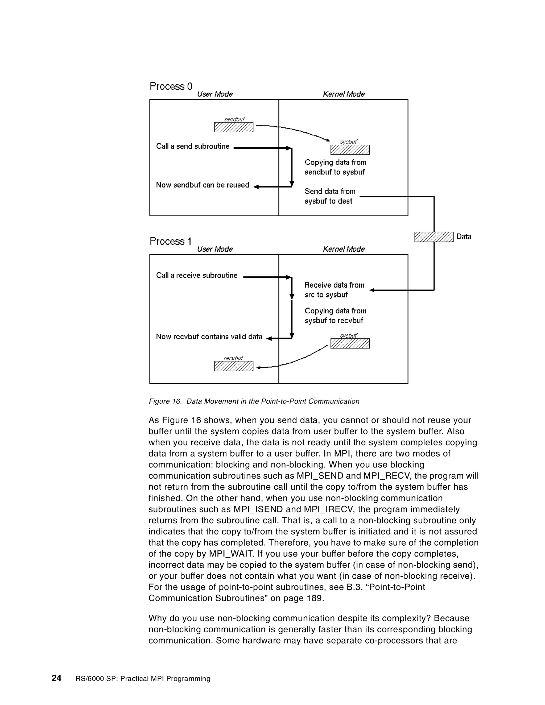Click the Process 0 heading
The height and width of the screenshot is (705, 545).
tap(171, 86)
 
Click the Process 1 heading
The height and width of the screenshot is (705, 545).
tap(171, 242)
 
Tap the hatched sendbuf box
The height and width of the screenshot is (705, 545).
tap(234, 127)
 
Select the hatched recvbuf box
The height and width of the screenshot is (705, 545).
tap(234, 366)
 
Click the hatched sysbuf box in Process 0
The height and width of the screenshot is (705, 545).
tap(350, 150)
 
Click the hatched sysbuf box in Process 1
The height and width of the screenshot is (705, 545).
tap(350, 343)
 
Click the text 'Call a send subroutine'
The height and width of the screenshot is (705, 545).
tap(193, 146)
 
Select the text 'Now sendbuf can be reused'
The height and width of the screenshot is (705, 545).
tap(203, 185)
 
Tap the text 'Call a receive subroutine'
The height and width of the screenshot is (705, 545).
tap(197, 275)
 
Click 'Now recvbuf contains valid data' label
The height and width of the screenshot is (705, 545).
tap(209, 337)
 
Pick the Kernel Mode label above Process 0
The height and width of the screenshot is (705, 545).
tap(344, 94)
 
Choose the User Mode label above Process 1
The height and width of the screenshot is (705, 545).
tap(215, 249)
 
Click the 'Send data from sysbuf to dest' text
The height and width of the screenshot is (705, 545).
tap(330, 196)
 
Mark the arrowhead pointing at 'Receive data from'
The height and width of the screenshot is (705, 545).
tap(371, 290)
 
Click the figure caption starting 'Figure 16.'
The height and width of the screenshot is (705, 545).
tap(254, 401)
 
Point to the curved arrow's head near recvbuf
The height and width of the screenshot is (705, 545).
tap(258, 367)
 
